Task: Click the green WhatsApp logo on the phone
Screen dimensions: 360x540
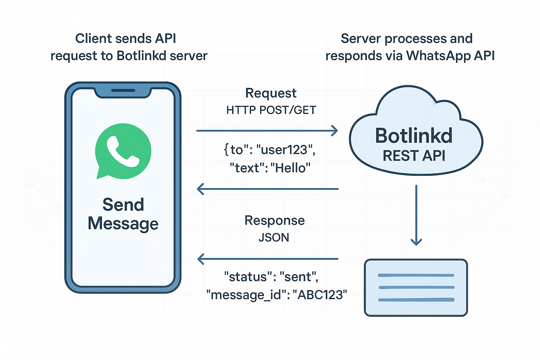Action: pyautogui.click(x=123, y=150)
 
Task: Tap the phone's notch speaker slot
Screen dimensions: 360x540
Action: pyautogui.click(x=123, y=90)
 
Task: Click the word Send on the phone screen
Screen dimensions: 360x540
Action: pyautogui.click(x=123, y=205)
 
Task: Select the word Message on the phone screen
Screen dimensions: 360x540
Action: pyautogui.click(x=123, y=224)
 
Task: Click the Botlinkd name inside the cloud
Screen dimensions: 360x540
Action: pyautogui.click(x=414, y=136)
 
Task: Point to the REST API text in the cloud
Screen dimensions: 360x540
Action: pyautogui.click(x=414, y=156)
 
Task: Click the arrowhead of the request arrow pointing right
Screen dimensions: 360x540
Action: pyautogui.click(x=334, y=131)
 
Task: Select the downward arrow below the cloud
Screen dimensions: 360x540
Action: pyautogui.click(x=416, y=214)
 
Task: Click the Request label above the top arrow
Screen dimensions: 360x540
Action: pyautogui.click(x=271, y=93)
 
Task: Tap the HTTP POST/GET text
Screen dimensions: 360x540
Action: pyautogui.click(x=271, y=110)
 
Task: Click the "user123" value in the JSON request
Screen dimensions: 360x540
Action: pyautogui.click(x=285, y=150)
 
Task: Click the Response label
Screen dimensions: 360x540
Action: pyautogui.click(x=274, y=220)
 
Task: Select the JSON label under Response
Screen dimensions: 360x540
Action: pyautogui.click(x=274, y=238)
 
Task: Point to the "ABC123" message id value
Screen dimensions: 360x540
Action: pyautogui.click(x=320, y=295)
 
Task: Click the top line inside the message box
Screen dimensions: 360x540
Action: pyautogui.click(x=416, y=275)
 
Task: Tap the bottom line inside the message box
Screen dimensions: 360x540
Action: pyautogui.click(x=416, y=300)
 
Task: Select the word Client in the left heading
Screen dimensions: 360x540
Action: pyautogui.click(x=91, y=39)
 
